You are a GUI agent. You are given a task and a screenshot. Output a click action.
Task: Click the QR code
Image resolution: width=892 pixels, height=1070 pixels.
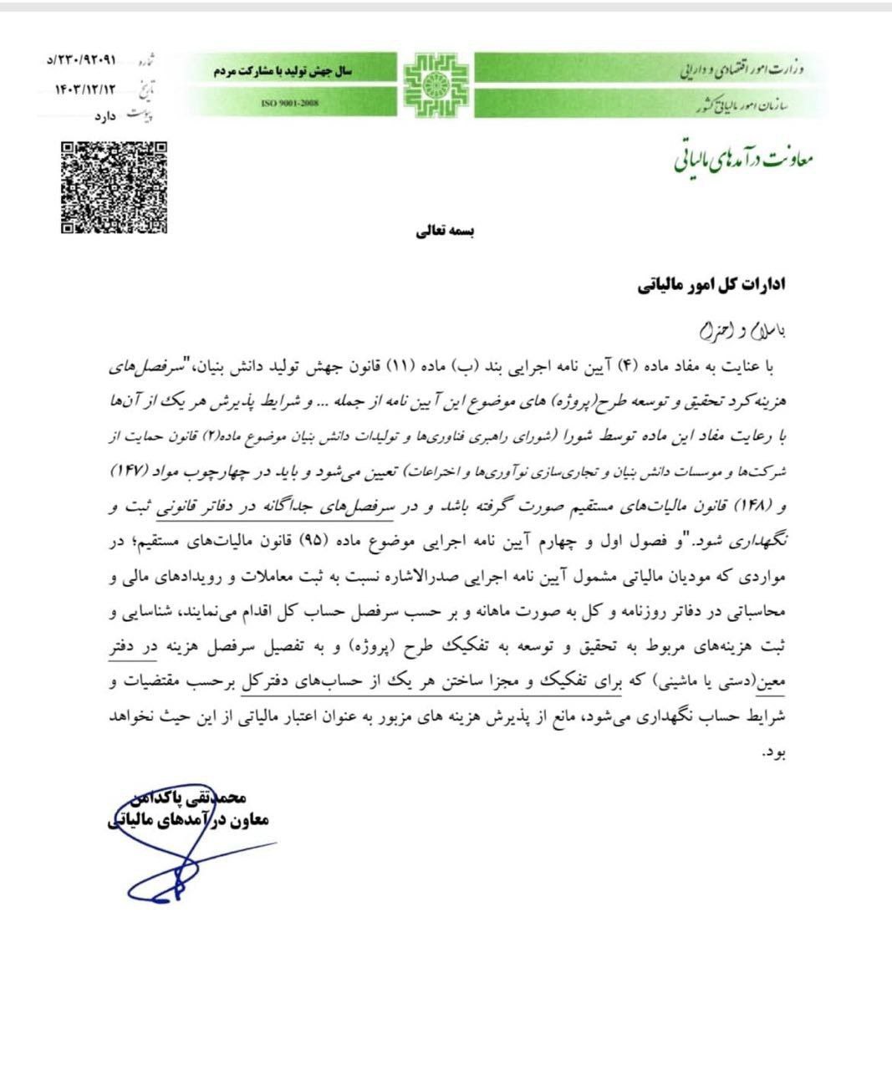point(114,187)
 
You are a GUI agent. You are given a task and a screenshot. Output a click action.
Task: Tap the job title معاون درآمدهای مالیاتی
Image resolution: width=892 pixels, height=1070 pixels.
point(189,821)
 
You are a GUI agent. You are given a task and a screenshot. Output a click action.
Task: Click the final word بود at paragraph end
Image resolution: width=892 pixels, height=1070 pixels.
point(774,754)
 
